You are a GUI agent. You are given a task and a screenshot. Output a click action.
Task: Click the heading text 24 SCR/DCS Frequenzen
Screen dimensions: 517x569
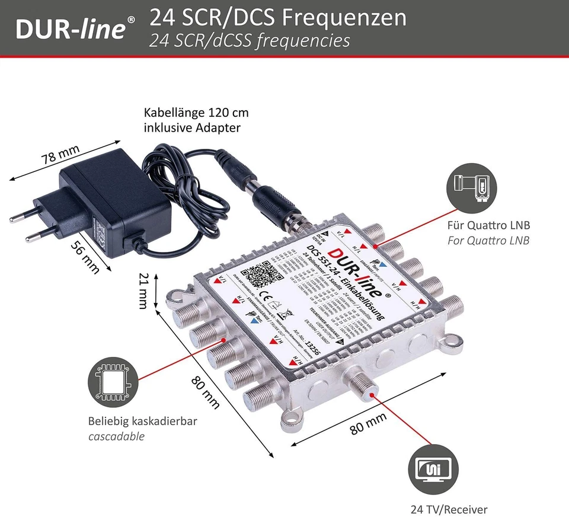pyautogui.click(x=277, y=18)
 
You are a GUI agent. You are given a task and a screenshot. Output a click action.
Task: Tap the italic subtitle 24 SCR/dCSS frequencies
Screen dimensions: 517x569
pyautogui.click(x=249, y=40)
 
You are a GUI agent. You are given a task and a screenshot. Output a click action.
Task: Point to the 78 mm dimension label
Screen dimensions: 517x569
pyautogui.click(x=60, y=156)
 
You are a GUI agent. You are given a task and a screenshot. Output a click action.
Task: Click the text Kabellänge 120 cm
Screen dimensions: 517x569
pyautogui.click(x=196, y=113)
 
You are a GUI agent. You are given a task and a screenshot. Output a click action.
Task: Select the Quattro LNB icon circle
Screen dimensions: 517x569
pyautogui.click(x=472, y=187)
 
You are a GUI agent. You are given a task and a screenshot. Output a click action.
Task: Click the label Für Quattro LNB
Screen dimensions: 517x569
pyautogui.click(x=488, y=226)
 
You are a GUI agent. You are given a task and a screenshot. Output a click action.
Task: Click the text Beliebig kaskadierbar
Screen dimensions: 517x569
pyautogui.click(x=142, y=422)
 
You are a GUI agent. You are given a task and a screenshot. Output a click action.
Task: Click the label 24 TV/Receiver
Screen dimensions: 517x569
pyautogui.click(x=449, y=509)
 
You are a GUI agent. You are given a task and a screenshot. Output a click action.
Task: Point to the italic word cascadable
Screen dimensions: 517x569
pyautogui.click(x=116, y=437)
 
